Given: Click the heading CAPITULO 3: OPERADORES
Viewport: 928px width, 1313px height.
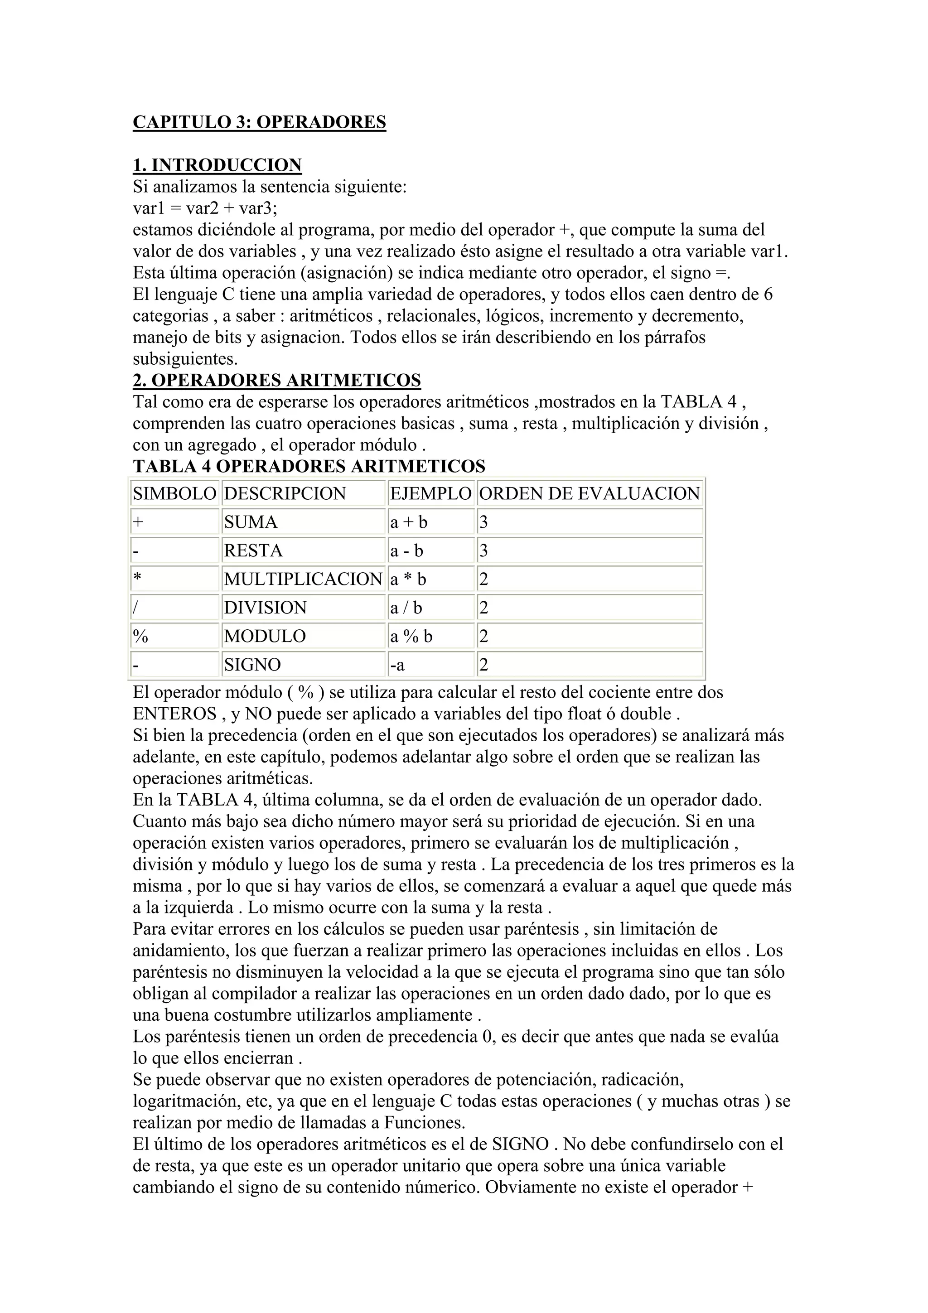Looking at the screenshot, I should click(x=259, y=122).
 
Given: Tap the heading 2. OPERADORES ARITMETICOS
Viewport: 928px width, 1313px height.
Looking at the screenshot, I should click(x=277, y=380).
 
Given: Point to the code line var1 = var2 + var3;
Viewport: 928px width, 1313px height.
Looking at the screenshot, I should click(x=205, y=208).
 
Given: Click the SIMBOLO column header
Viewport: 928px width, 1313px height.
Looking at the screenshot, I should click(x=174, y=493).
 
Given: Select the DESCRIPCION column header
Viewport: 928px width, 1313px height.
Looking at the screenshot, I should click(x=285, y=493).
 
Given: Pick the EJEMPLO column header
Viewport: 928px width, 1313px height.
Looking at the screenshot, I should click(x=430, y=493).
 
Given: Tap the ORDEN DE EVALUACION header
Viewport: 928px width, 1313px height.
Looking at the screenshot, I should click(x=590, y=493).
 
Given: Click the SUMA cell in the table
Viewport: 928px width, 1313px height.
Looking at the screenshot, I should click(x=251, y=522).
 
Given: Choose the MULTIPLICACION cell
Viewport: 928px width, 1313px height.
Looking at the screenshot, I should click(x=303, y=579).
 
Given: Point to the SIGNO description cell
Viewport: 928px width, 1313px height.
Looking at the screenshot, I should click(x=253, y=665).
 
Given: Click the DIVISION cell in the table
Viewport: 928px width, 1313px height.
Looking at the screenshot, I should click(x=266, y=607).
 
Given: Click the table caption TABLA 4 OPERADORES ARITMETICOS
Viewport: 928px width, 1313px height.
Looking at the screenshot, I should click(x=309, y=466).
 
